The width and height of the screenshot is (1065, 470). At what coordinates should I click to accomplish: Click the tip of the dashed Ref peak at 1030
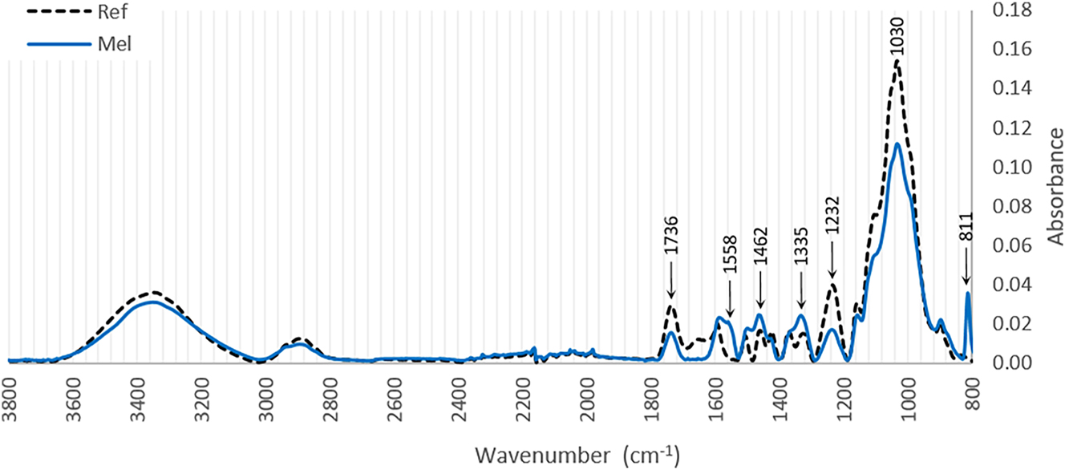click(x=897, y=61)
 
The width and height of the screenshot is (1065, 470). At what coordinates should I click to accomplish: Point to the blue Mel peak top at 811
click(x=968, y=294)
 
